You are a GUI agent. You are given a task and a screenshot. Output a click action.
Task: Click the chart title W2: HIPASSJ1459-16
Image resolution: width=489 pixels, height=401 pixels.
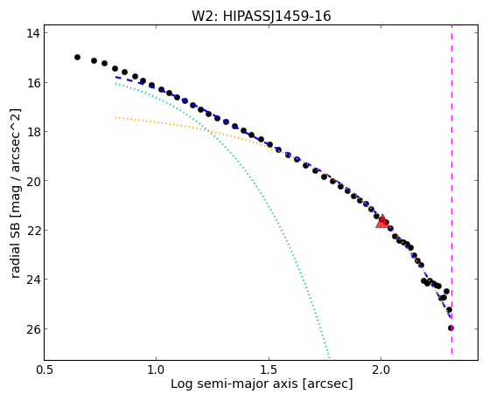tap(261, 16)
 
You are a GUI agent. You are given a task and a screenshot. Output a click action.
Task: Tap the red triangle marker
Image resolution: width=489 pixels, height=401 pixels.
tap(382, 221)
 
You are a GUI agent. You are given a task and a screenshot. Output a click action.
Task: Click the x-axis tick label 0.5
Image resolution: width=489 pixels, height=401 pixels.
tap(45, 370)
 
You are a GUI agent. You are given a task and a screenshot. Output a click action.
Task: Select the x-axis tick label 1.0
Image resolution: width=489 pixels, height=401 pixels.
tap(156, 370)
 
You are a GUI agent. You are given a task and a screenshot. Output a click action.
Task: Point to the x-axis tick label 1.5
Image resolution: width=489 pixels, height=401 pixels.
tap(269, 370)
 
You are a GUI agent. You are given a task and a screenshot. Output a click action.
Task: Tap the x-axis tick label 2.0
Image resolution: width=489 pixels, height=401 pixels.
tap(381, 370)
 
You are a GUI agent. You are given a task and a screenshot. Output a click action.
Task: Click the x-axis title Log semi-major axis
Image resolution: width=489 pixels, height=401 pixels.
tap(234, 384)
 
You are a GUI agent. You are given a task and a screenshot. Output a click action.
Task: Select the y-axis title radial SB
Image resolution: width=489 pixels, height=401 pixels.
tap(16, 248)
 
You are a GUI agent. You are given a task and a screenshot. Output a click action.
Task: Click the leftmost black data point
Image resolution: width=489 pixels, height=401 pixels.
tap(77, 57)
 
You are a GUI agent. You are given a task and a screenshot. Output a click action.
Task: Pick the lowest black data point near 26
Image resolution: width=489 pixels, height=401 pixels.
tap(451, 328)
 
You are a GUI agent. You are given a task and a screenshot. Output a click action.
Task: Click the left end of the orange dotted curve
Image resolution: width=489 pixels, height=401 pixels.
tap(115, 117)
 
